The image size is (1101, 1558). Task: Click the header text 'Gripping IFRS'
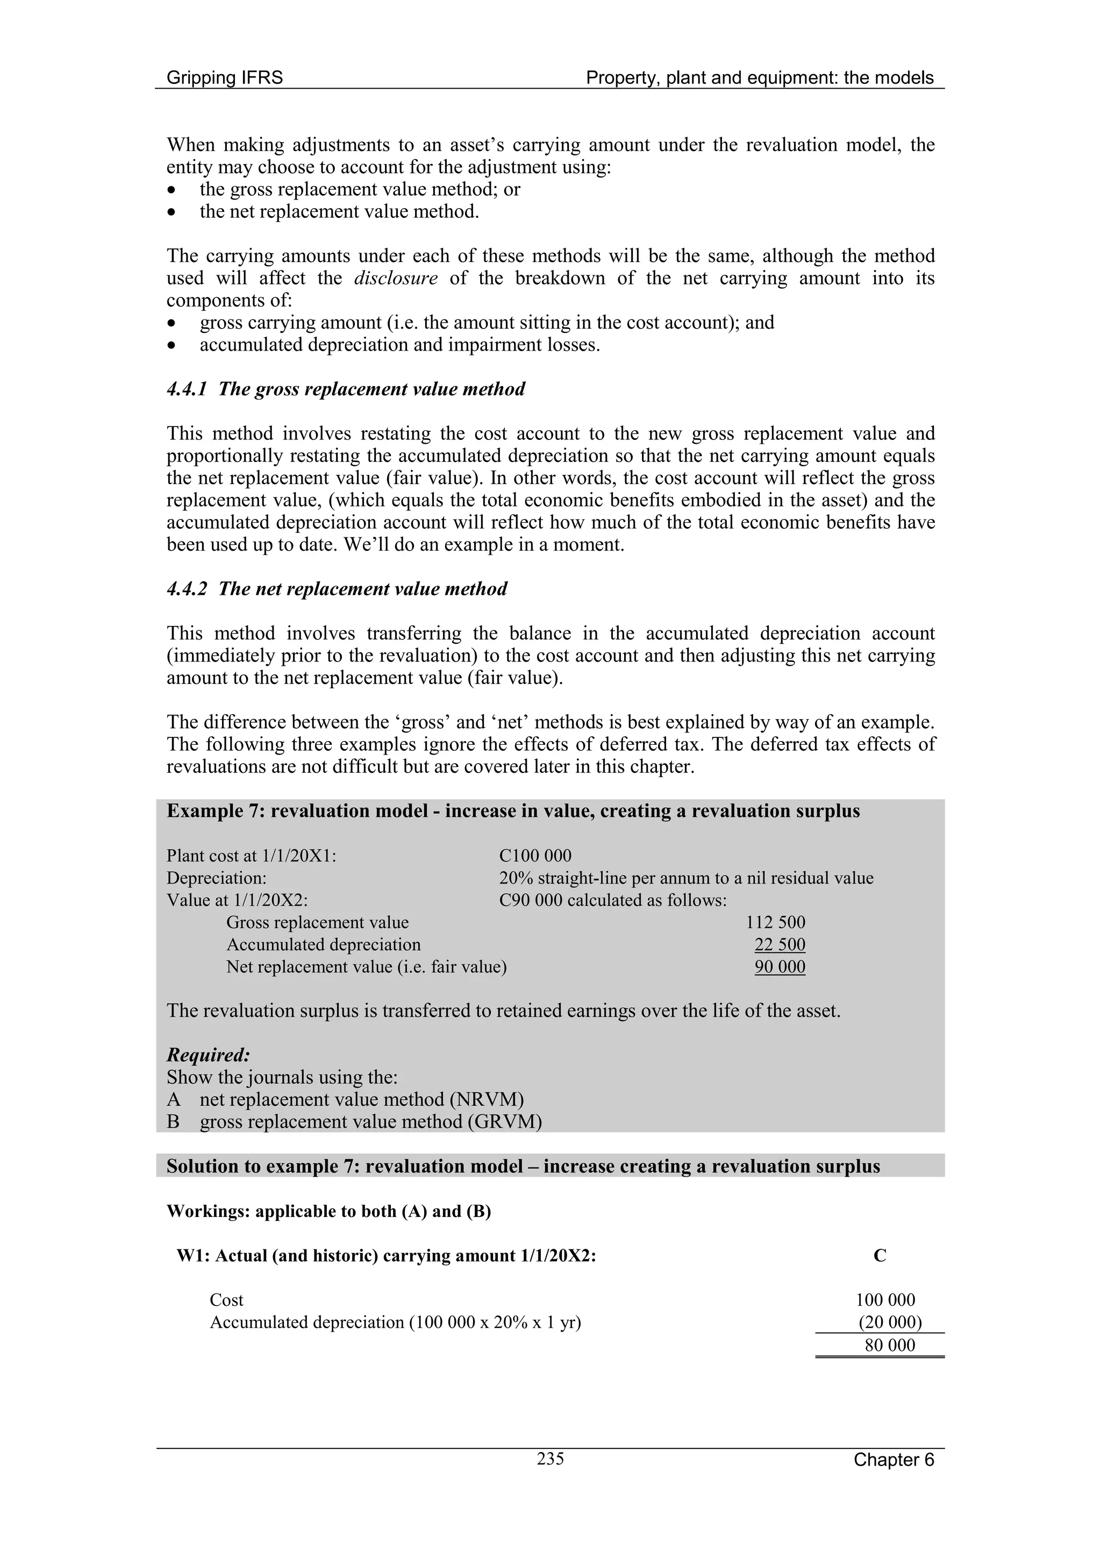pyautogui.click(x=225, y=78)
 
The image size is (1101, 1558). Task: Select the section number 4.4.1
pyautogui.click(x=187, y=389)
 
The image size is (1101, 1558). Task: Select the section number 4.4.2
pyautogui.click(x=187, y=589)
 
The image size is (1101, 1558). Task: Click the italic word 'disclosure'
pyautogui.click(x=396, y=278)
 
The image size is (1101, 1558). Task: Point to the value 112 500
pyautogui.click(x=775, y=922)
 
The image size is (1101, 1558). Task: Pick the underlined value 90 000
pyautogui.click(x=780, y=967)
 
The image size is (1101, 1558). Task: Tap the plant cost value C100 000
pyautogui.click(x=535, y=856)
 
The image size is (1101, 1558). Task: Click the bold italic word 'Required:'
pyautogui.click(x=208, y=1055)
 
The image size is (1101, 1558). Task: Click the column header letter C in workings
pyautogui.click(x=880, y=1256)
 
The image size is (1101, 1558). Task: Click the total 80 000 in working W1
pyautogui.click(x=889, y=1345)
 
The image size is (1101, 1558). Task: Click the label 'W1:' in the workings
pyautogui.click(x=192, y=1256)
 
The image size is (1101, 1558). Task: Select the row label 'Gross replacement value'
pyautogui.click(x=318, y=923)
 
